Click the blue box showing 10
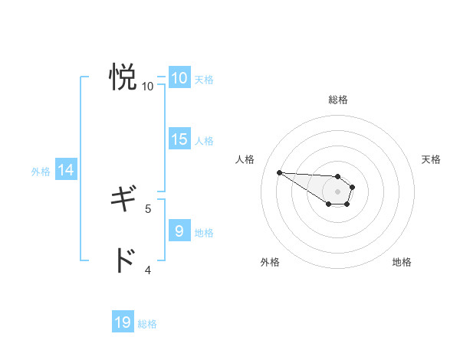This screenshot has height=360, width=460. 179,78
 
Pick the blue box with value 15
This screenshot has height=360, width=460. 179,139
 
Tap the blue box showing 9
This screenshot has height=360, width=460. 179,231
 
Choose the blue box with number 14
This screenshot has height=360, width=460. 66,171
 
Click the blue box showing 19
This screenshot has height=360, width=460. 123,322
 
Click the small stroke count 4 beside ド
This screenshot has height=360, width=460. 148,270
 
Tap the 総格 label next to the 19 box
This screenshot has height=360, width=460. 147,324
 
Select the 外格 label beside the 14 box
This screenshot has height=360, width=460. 41,172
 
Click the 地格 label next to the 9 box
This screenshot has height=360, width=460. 204,232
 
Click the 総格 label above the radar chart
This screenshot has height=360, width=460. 338,100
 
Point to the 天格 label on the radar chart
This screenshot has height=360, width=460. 432,159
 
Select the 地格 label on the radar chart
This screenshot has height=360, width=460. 402,262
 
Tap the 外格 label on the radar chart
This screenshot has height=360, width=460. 270,262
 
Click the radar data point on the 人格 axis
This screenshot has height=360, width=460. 280,172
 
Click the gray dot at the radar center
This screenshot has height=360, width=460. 338,191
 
